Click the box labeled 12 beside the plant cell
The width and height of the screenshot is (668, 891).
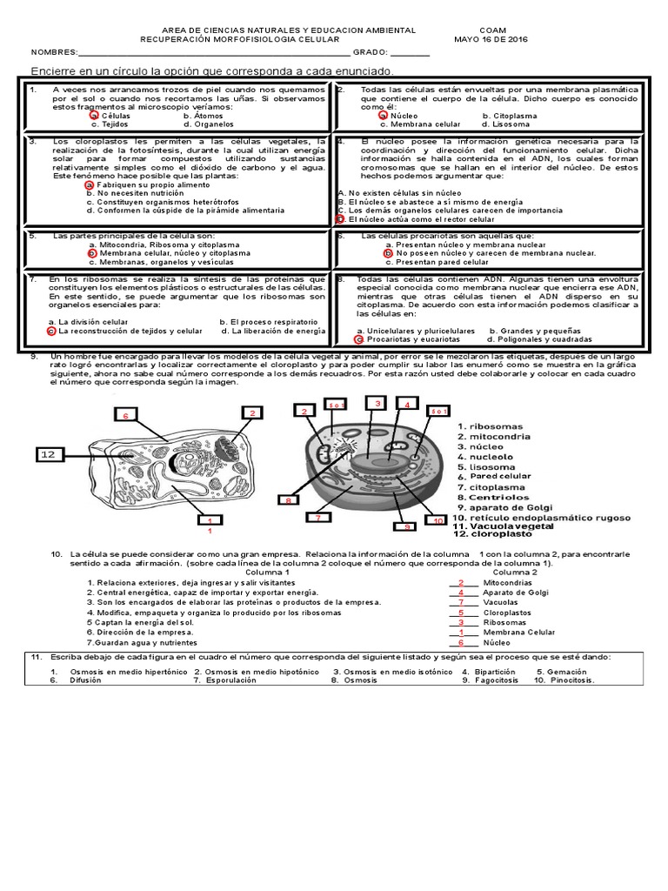tap(48, 453)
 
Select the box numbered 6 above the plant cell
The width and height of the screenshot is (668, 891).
tap(125, 416)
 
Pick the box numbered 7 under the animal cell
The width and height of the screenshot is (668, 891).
tap(318, 518)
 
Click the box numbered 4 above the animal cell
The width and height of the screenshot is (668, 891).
tap(405, 404)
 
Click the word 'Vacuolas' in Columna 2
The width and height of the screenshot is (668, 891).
tap(500, 601)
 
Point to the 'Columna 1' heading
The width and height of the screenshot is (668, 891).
tap(268, 573)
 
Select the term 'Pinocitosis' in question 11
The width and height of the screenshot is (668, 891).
tap(569, 680)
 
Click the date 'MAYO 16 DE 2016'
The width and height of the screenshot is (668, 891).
tap(491, 39)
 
